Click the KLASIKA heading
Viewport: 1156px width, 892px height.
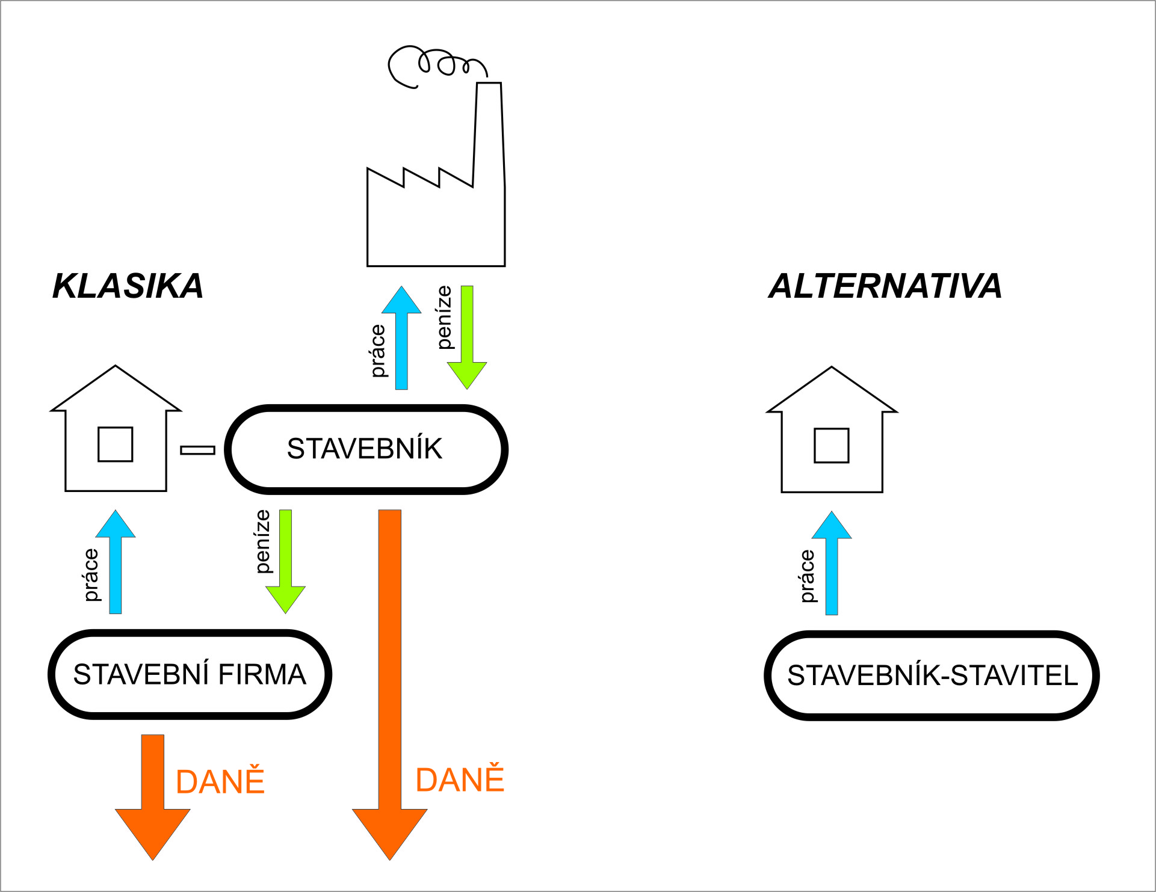coord(128,286)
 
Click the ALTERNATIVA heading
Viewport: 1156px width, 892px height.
coord(885,286)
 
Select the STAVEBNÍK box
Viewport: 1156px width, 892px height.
coord(366,449)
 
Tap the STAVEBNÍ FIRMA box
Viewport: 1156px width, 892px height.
coord(190,674)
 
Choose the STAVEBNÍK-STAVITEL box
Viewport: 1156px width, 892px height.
coord(932,675)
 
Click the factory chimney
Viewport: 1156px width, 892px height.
coord(488,132)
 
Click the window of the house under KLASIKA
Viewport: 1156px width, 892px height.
coord(116,444)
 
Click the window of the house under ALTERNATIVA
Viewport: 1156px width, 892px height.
coord(832,446)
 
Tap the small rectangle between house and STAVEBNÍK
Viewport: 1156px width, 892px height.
coord(198,450)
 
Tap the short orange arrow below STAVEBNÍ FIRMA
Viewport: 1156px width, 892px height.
coord(153,794)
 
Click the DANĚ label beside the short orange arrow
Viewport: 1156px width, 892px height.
coord(220,781)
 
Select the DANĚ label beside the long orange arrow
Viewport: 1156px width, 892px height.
coord(460,780)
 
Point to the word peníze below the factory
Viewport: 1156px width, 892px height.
coord(444,317)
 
